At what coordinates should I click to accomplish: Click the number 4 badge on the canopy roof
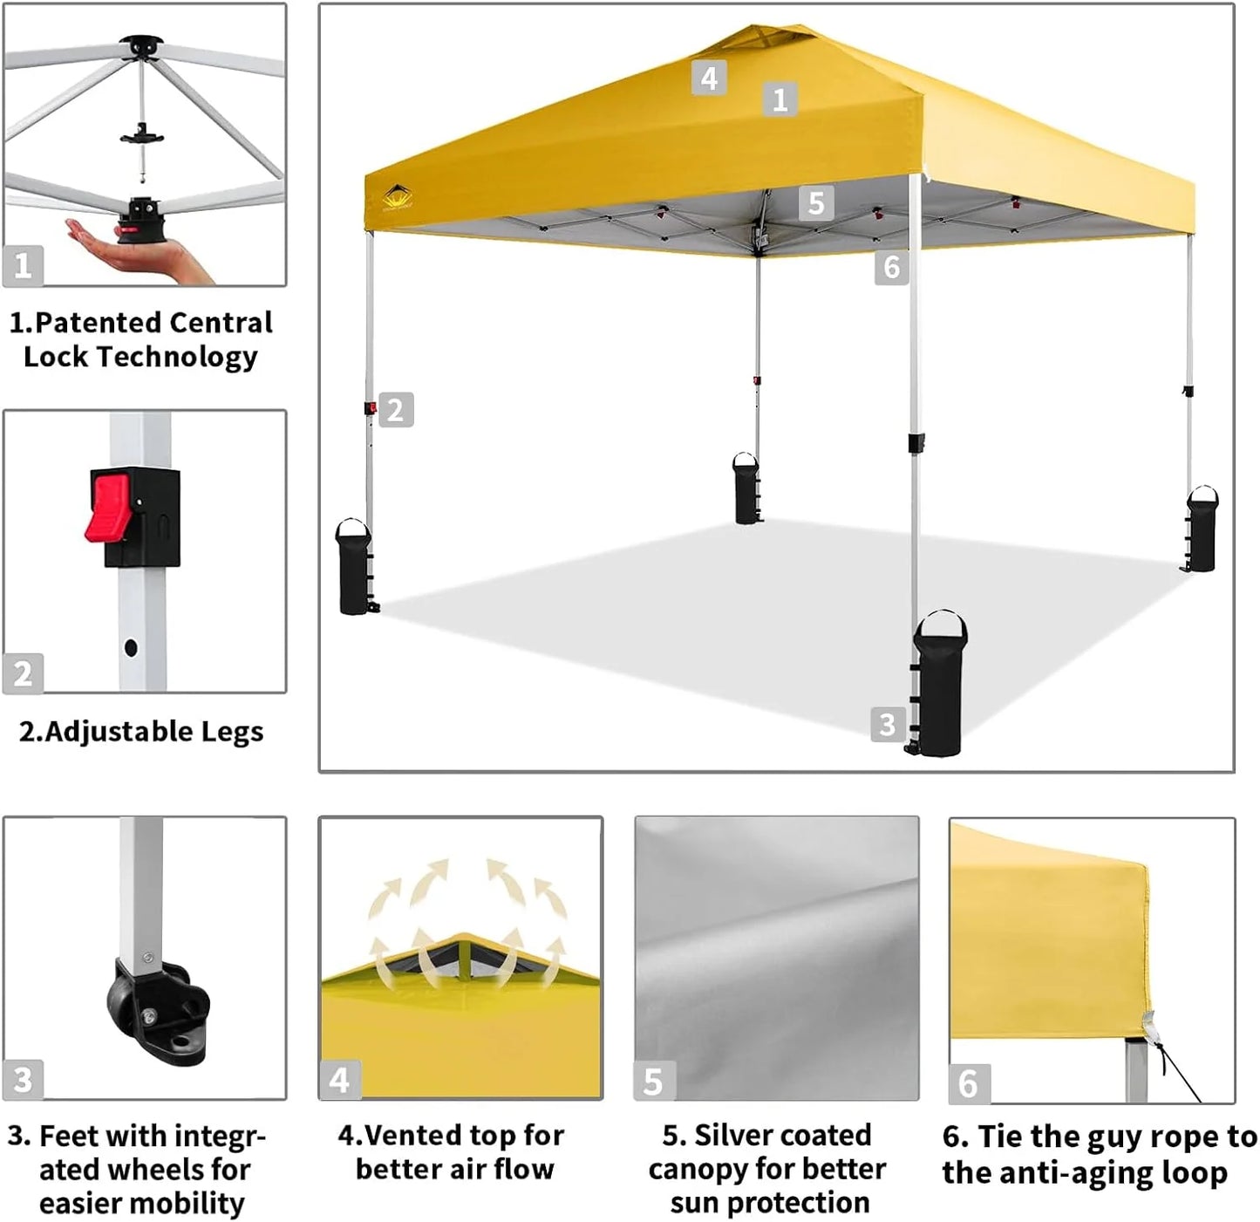coord(709,79)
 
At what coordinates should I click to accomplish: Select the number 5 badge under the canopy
coord(816,203)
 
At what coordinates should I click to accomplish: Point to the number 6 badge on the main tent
coord(891,267)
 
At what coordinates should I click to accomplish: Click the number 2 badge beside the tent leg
coord(396,410)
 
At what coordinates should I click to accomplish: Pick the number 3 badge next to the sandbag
coord(887,725)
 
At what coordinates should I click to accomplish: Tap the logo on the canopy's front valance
coord(398,197)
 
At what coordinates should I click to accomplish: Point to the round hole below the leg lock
coord(131,648)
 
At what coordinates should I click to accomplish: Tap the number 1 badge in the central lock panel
coord(23,265)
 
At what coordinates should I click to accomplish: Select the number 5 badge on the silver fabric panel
coord(652,1082)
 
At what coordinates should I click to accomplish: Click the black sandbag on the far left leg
coord(354,569)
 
